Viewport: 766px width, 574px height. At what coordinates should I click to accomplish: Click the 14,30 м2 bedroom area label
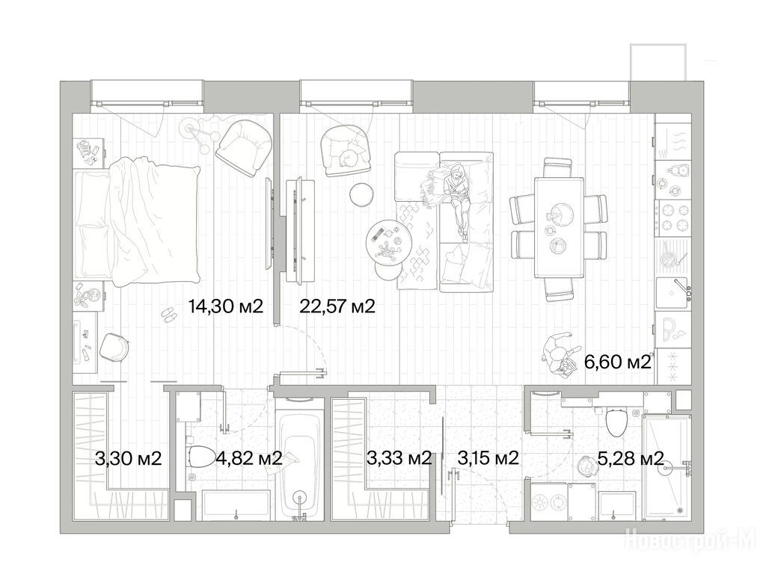coord(226,306)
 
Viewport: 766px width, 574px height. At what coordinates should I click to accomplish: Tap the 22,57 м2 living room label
coord(337,306)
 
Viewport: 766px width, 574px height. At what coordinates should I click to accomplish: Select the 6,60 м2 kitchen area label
coord(618,362)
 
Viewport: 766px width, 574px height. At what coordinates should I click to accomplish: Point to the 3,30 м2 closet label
coord(129,459)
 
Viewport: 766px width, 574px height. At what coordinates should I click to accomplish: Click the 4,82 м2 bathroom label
coord(248,459)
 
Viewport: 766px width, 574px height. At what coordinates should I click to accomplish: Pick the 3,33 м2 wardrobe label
coord(399,459)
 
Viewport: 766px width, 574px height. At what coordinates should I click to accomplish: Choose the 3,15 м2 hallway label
coord(488,459)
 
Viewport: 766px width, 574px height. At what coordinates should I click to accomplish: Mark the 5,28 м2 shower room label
coord(631,459)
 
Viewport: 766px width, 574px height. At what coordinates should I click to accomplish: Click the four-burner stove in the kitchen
coord(672,217)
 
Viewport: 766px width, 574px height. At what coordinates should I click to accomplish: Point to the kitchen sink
coord(673,293)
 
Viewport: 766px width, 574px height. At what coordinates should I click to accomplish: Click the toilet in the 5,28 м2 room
coord(616,422)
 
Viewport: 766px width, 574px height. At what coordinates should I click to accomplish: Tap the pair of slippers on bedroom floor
coord(168,315)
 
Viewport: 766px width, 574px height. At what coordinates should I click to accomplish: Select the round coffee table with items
coord(386,241)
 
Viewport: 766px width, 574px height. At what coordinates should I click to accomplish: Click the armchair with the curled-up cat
coord(345,150)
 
